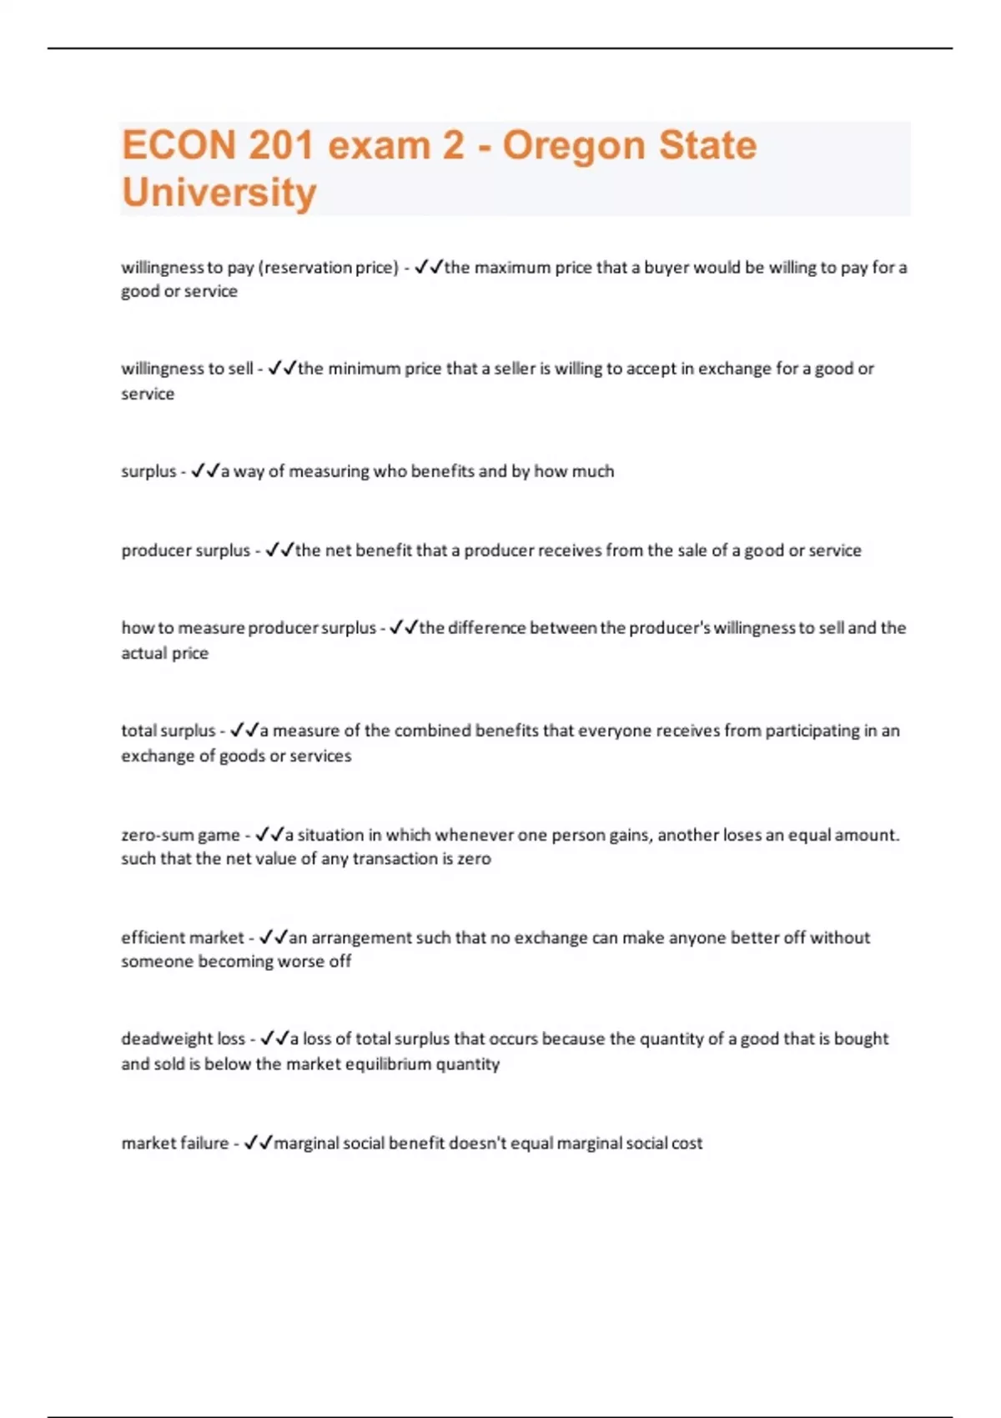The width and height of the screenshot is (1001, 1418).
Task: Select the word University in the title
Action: click(x=219, y=193)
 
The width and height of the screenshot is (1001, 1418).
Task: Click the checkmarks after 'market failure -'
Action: click(x=259, y=1144)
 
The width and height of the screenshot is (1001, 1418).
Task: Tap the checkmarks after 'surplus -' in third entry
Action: click(x=205, y=471)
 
